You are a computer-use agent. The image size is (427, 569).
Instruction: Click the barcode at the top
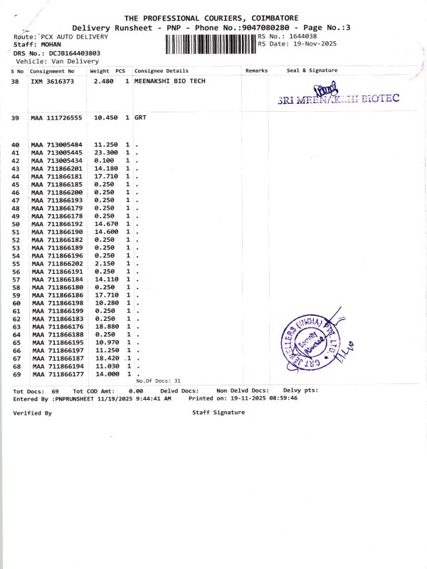click(x=211, y=45)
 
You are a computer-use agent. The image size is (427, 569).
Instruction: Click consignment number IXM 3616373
click(x=52, y=82)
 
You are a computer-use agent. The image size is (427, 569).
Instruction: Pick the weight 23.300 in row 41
click(x=105, y=153)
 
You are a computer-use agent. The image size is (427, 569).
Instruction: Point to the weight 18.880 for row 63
click(x=105, y=326)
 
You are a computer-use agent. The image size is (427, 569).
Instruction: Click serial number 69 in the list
click(x=16, y=374)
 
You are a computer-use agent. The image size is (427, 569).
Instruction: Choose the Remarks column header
click(x=256, y=71)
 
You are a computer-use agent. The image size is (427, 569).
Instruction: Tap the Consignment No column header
click(x=52, y=71)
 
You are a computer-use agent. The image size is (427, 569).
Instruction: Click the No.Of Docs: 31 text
click(x=158, y=381)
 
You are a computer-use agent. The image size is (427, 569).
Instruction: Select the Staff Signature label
click(x=218, y=413)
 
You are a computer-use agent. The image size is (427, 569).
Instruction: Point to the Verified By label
click(x=32, y=413)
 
